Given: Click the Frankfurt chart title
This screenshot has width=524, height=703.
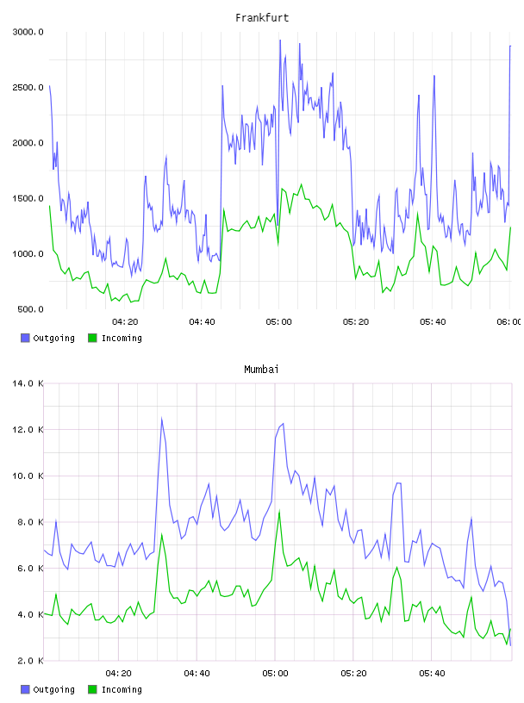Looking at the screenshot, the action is [x=262, y=18].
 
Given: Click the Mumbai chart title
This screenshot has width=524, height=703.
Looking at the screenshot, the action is [x=261, y=370].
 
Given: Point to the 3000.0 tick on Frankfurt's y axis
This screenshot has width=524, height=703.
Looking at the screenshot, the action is [x=28, y=32].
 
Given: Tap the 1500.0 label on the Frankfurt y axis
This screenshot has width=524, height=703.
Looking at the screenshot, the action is [x=28, y=199].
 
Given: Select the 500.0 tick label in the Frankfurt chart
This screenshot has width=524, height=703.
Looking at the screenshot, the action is [x=30, y=309].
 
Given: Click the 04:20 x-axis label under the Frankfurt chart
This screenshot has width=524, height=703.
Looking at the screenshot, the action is [x=125, y=322].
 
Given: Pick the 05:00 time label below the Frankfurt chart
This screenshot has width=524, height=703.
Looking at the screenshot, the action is [x=279, y=322].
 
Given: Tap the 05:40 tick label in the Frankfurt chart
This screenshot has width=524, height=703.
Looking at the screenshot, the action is [x=433, y=322].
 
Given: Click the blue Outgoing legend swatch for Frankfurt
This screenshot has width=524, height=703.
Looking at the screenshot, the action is [x=25, y=338].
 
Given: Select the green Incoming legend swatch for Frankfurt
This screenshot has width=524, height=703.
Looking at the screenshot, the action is [x=92, y=338].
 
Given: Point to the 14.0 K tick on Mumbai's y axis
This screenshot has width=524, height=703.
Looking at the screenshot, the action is [x=28, y=383].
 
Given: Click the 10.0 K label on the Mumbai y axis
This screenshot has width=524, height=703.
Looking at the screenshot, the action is [x=28, y=476].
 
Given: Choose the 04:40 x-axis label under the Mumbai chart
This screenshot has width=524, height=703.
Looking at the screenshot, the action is [x=197, y=674].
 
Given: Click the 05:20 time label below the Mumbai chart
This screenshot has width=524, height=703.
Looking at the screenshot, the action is [x=353, y=674].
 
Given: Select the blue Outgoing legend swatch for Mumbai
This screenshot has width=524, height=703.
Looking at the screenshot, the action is [x=25, y=689].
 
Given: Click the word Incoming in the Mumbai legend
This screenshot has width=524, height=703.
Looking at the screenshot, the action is [x=122, y=690].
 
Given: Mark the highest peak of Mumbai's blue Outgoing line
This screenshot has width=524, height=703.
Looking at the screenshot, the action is [x=161, y=419].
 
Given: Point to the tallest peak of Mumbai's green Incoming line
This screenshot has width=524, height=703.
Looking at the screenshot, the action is [x=279, y=511].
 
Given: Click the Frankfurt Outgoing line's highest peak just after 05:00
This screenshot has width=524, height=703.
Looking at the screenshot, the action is [x=280, y=40].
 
